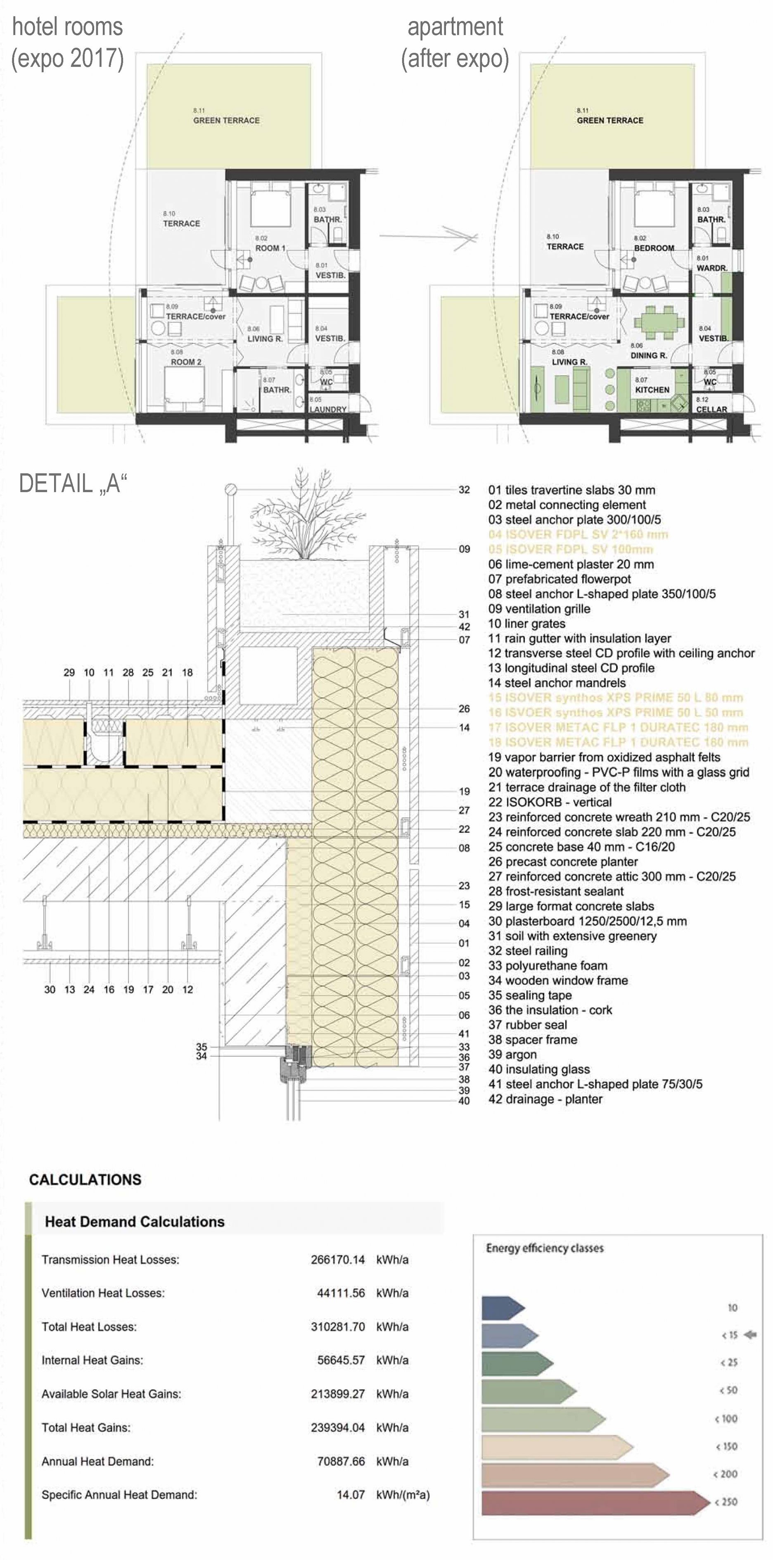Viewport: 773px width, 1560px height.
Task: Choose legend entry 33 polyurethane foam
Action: [x=548, y=965]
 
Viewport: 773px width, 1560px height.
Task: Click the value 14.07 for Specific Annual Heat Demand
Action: [x=351, y=1495]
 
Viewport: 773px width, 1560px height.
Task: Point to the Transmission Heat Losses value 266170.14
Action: [x=338, y=1260]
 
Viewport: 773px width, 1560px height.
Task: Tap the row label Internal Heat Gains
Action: [x=92, y=1360]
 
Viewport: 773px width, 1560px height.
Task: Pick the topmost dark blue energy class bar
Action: [x=503, y=1308]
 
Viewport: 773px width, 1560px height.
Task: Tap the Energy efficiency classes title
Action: [x=545, y=1248]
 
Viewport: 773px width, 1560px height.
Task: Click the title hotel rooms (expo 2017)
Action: [x=67, y=43]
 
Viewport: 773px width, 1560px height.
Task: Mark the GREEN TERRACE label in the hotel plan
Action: [x=226, y=120]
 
